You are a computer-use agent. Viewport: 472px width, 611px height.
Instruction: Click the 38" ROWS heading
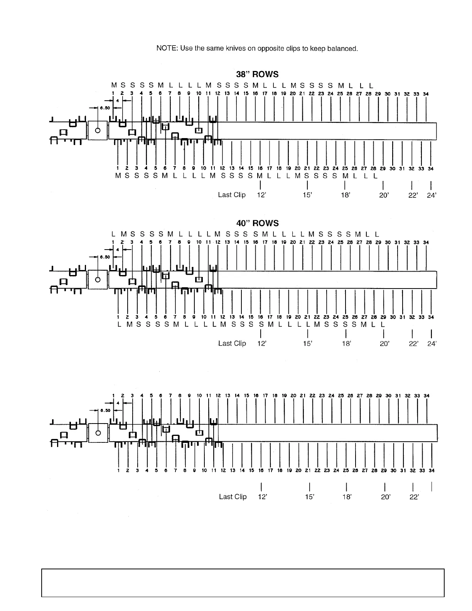[x=257, y=74]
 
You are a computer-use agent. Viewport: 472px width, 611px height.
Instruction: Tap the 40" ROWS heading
[x=257, y=223]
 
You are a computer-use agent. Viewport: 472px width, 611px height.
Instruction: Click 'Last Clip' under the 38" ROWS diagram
[x=232, y=195]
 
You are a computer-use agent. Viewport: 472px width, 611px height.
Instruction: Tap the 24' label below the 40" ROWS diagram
[x=432, y=344]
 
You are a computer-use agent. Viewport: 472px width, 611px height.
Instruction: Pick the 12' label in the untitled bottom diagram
[x=262, y=497]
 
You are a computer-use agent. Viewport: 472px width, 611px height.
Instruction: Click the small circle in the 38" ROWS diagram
[x=98, y=130]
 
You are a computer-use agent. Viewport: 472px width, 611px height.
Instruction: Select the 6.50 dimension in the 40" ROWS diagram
[x=105, y=257]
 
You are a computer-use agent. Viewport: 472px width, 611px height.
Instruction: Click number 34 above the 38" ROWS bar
[x=426, y=94]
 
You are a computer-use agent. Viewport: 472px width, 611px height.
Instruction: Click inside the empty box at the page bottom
[x=243, y=582]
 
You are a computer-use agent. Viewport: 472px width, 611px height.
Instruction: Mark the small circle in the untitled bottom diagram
[x=98, y=432]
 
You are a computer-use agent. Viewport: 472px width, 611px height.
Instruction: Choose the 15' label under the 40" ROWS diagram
[x=307, y=344]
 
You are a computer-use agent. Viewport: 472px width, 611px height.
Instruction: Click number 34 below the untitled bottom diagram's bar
[x=432, y=471]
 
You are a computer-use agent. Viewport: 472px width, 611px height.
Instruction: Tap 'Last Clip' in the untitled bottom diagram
[x=233, y=496]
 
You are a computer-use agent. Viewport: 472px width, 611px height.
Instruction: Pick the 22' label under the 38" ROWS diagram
[x=413, y=195]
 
